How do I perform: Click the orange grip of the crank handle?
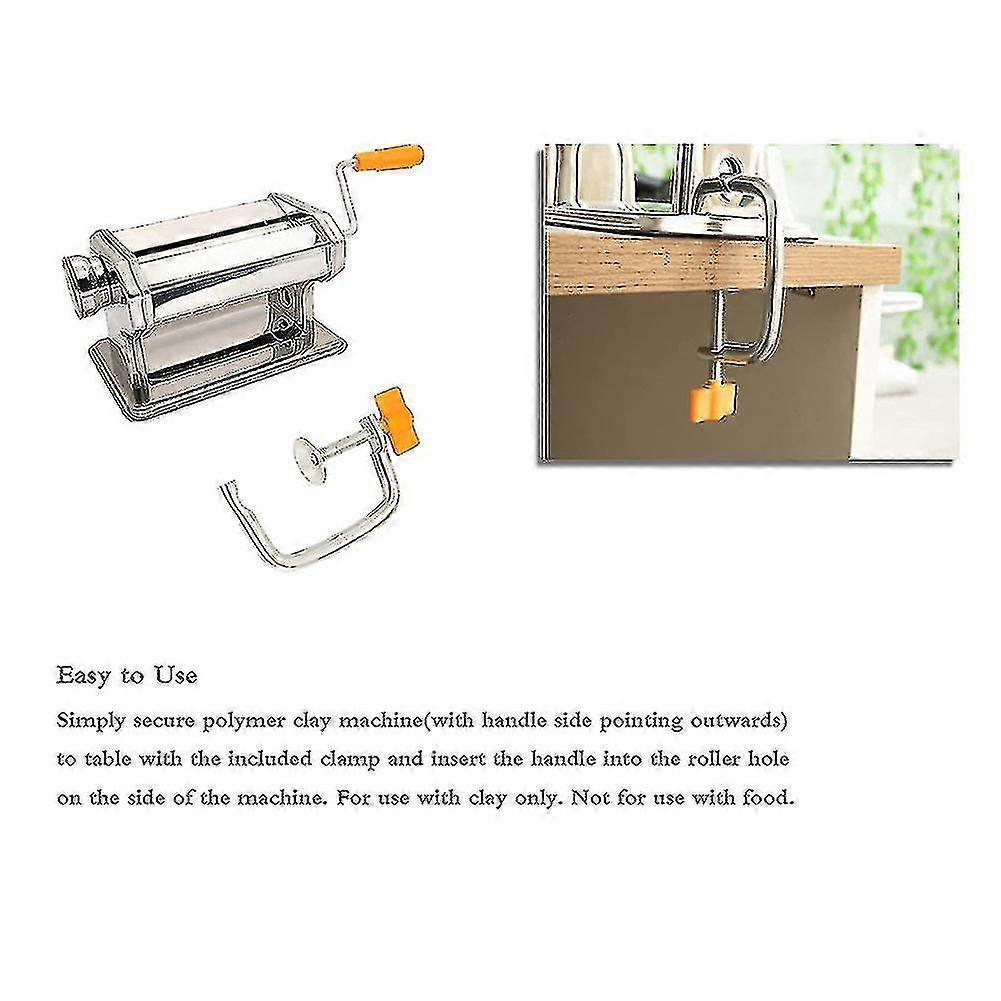click(x=389, y=158)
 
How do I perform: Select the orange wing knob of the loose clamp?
click(x=396, y=420)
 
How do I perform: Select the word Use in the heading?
click(x=175, y=675)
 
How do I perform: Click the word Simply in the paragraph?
click(x=91, y=722)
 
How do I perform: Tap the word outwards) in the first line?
click(x=739, y=721)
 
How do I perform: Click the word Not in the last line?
click(x=590, y=797)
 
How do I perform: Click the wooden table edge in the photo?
click(x=721, y=262)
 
